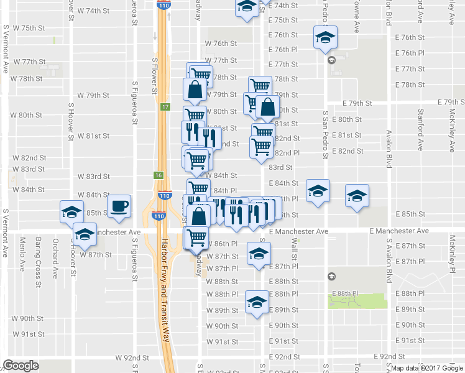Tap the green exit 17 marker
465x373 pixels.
pos(164,107)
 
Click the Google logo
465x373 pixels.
pos(21,366)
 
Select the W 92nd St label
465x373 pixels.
pos(132,358)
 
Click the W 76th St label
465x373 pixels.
pos(221,44)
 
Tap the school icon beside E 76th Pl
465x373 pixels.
pos(325,37)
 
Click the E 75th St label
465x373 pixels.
pos(284,21)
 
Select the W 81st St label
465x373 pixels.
pos(93,136)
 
